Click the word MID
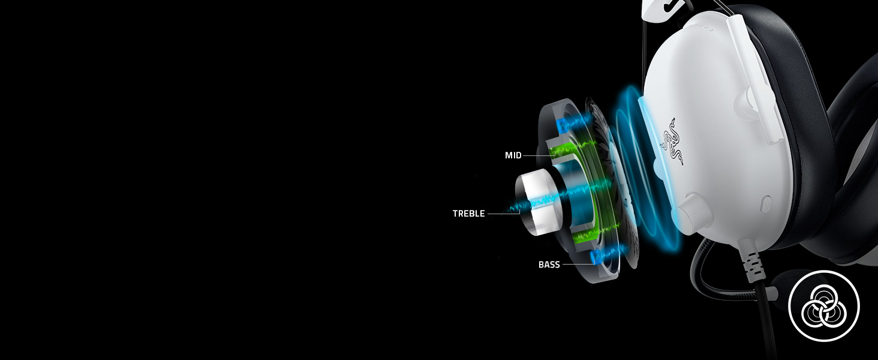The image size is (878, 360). pos(513,155)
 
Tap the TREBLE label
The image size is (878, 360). pos(468,214)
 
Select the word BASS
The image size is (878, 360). pos(549,265)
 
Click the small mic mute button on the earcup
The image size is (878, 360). pos(765,203)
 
